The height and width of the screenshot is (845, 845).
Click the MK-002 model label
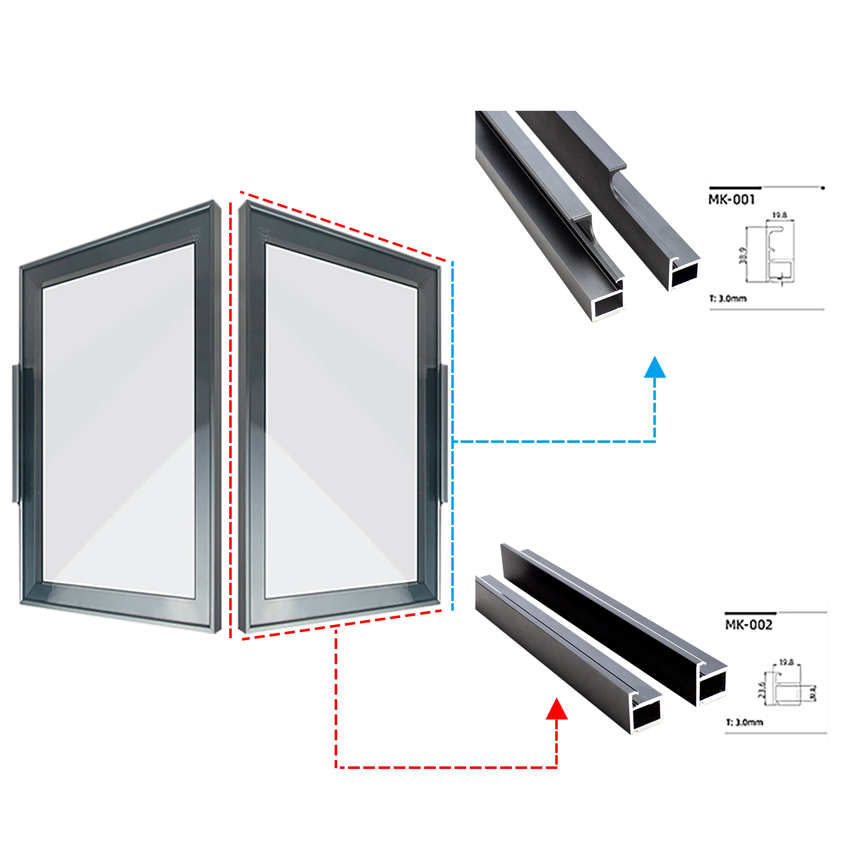point(748,625)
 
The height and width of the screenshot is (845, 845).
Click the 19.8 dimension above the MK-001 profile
point(779,215)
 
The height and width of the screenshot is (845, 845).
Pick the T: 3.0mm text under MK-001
point(728,299)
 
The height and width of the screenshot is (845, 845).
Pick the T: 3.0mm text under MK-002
point(744,722)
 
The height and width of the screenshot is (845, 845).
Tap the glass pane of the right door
point(341,420)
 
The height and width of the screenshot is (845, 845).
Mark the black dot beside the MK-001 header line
point(823,188)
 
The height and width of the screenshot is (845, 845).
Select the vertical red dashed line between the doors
point(230,420)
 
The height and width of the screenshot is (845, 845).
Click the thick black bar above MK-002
point(750,613)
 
